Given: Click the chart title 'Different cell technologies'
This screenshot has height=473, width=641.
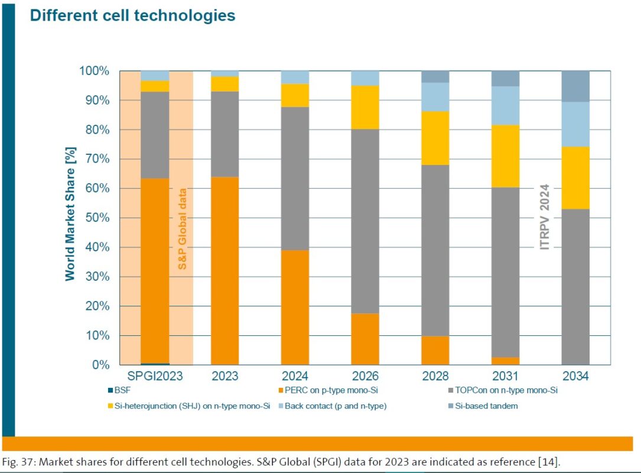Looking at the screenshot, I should [132, 16].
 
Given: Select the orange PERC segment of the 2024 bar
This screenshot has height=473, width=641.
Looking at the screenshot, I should [295, 307].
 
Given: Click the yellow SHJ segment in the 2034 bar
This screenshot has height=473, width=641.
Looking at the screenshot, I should [575, 177].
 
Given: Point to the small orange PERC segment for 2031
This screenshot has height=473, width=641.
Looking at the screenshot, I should [505, 361].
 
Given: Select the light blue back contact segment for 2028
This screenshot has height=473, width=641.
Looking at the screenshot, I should [435, 96].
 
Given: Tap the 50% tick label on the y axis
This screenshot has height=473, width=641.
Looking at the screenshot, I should [95, 218].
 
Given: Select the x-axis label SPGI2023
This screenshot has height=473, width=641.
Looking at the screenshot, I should [155, 377].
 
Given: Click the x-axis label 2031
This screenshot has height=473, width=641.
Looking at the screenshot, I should [505, 377].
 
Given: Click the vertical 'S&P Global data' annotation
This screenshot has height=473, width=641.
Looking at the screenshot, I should [183, 229].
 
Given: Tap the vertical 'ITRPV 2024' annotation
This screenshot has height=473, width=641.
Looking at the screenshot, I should [544, 217].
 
